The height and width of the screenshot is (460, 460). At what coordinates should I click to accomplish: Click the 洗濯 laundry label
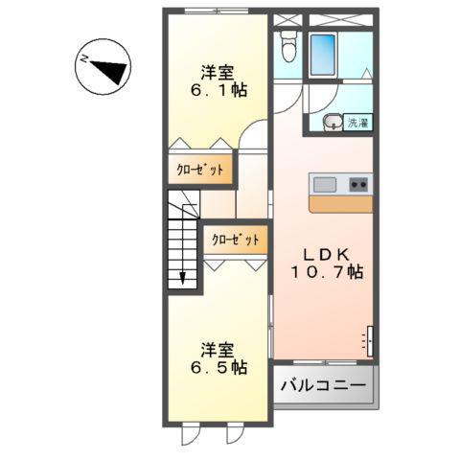[x=357, y=122]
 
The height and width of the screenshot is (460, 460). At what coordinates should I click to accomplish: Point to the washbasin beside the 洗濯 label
[x=332, y=122]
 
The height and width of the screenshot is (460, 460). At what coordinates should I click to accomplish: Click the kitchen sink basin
[x=323, y=184]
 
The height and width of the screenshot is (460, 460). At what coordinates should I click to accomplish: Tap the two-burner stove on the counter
[x=358, y=184]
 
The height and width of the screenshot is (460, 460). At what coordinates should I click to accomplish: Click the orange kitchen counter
[x=340, y=204]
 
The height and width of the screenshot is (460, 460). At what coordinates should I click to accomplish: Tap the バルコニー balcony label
[x=324, y=386]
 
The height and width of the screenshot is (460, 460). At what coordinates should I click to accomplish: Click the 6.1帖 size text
[x=218, y=90]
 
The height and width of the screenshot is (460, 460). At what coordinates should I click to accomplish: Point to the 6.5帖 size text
[x=218, y=367]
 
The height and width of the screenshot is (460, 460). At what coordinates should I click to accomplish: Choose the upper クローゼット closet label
[x=200, y=170]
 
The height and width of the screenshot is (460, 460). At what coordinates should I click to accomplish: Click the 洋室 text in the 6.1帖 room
[x=218, y=71]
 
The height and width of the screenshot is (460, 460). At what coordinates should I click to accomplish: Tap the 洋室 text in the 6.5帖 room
[x=218, y=348]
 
